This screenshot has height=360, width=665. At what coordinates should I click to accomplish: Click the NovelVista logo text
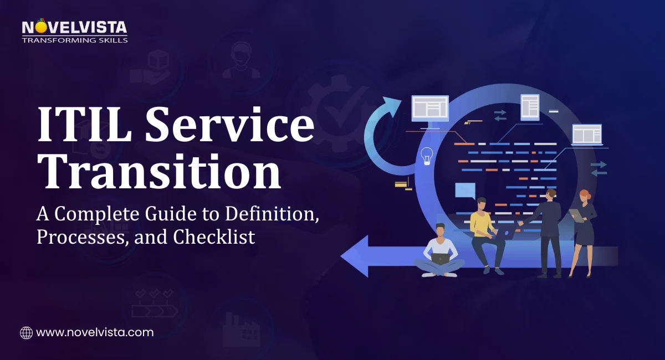click(74, 27)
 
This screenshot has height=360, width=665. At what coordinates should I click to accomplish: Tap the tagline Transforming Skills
click(74, 40)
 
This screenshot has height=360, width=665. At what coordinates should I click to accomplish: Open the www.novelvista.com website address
click(95, 332)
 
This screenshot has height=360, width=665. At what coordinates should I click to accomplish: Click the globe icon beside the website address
click(26, 332)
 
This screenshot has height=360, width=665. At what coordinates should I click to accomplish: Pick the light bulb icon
click(426, 156)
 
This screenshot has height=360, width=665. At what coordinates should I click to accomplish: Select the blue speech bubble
click(465, 191)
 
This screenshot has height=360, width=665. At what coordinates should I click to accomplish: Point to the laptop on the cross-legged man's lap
click(441, 258)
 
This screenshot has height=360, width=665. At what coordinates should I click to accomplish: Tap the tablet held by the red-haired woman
click(576, 215)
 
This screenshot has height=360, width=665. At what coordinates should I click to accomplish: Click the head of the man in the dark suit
click(550, 194)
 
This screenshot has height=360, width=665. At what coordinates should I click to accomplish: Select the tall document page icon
click(530, 106)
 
